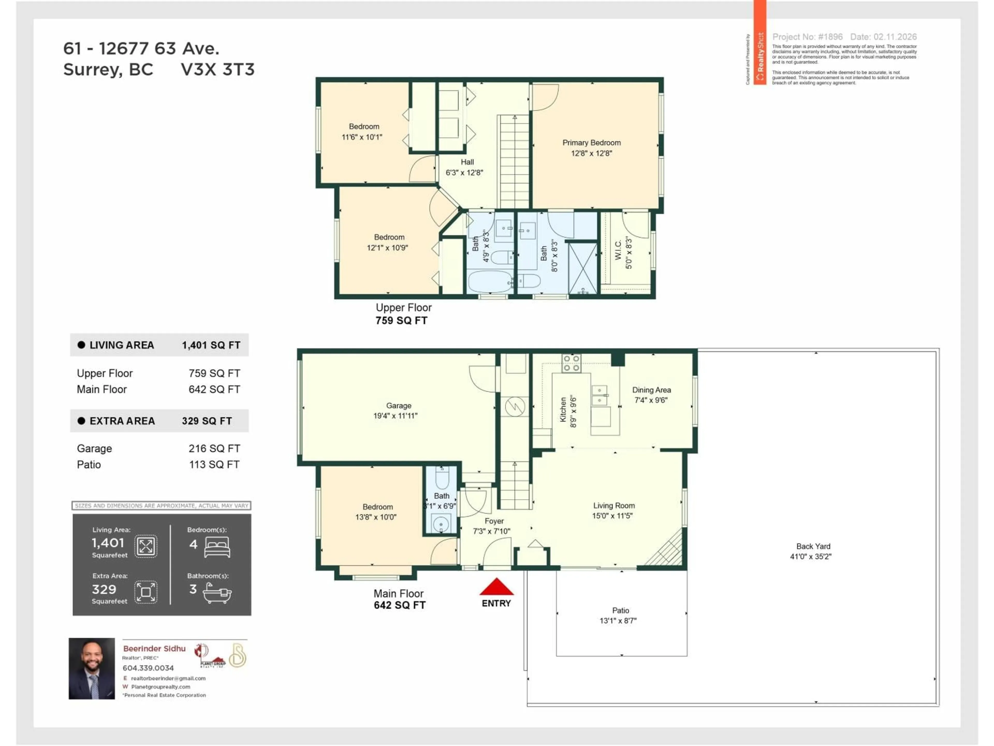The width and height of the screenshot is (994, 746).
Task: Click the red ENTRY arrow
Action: [x=496, y=587]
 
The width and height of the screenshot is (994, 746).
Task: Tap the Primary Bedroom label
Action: [x=591, y=142]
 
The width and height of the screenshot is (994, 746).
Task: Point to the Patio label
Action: [x=620, y=610]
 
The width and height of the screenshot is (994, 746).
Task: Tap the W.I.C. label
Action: [x=618, y=250]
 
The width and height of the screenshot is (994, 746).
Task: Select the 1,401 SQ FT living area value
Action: [x=211, y=345]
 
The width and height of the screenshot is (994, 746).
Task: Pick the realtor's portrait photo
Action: [x=92, y=668]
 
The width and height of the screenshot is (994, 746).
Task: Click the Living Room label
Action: [x=614, y=505]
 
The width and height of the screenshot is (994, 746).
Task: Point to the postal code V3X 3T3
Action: [x=217, y=70]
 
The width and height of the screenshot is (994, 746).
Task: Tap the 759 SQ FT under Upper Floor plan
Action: [x=401, y=321]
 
